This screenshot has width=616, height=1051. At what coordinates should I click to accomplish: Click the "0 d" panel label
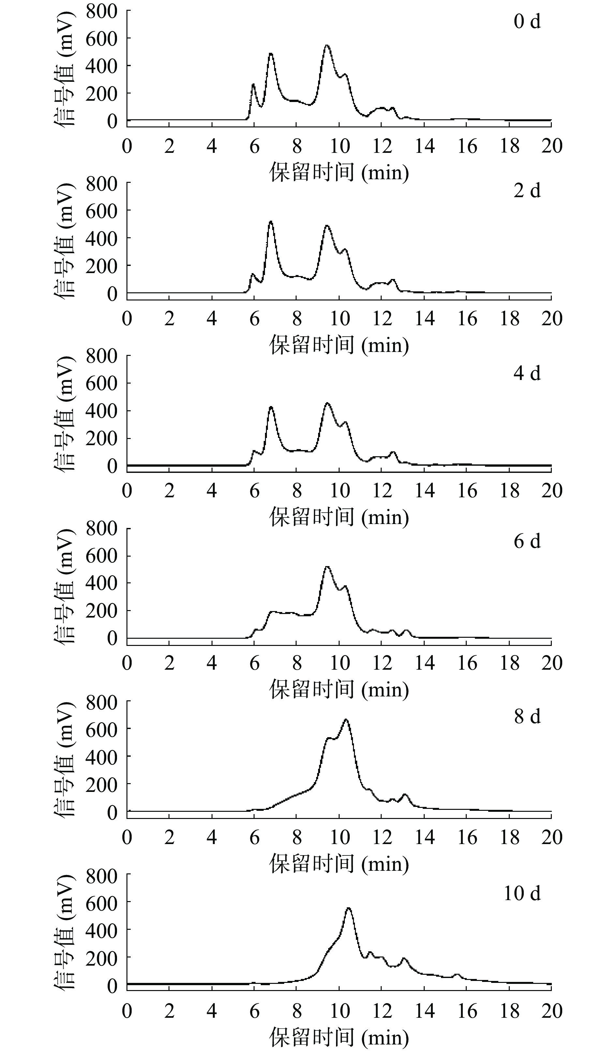pos(527,21)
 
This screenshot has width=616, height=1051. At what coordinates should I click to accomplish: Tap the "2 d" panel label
pos(527,191)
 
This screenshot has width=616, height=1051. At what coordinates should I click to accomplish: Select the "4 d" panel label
pos(527,372)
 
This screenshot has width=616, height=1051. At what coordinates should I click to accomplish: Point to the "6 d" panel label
pos(527,541)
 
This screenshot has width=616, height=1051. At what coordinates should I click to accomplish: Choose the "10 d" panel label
pos(522,893)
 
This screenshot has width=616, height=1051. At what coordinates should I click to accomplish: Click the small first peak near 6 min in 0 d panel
pos(253,85)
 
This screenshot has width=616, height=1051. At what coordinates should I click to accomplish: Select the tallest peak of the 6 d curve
pos(327,567)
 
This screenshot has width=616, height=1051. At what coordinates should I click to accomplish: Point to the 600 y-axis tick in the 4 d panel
pos(101,383)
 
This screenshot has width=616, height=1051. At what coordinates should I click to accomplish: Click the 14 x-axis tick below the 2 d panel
pos(424,319)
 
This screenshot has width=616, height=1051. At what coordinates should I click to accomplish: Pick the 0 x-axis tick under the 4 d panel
pos(127,491)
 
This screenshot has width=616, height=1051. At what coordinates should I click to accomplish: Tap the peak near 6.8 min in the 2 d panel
pos(271,222)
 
